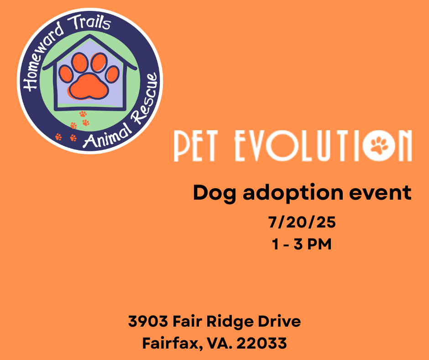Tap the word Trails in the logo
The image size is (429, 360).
[x=89, y=22]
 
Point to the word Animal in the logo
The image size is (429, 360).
[x=107, y=135]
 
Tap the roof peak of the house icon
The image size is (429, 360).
[x=90, y=35]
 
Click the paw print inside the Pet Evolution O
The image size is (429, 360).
[x=379, y=145]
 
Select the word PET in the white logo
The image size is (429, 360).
[x=196, y=146]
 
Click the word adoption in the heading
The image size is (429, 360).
[x=293, y=193]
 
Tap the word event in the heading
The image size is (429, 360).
[x=381, y=193]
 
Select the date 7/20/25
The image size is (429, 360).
[x=302, y=222]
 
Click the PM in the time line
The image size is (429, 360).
[x=319, y=244]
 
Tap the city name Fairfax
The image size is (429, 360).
[x=173, y=343]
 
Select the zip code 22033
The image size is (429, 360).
[x=262, y=343]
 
